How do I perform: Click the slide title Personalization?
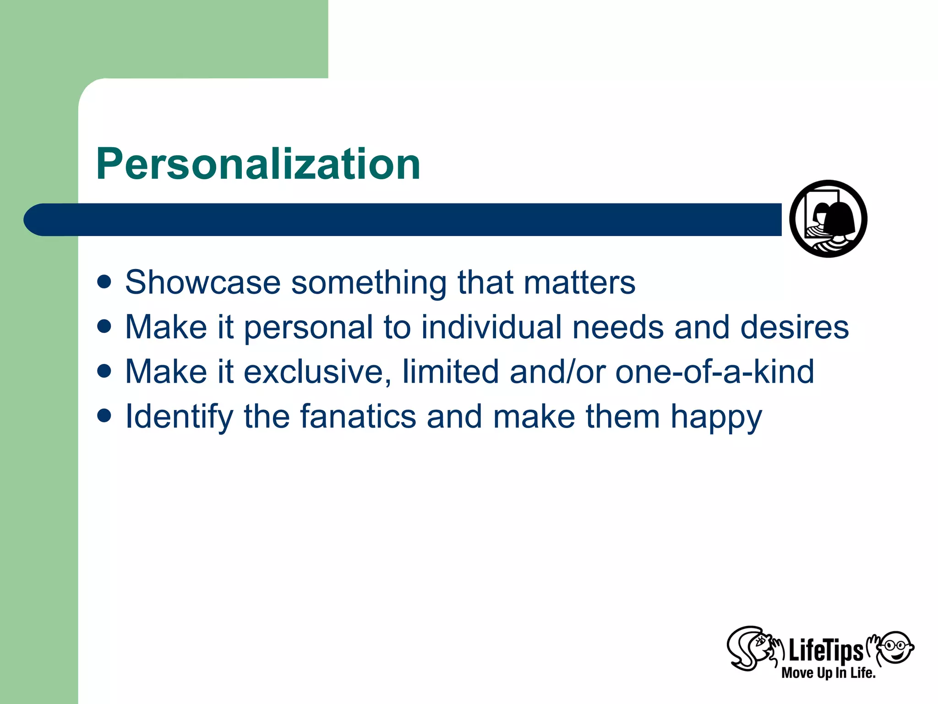point(258,164)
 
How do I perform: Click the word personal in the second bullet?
point(308,328)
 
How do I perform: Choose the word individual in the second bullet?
point(491,327)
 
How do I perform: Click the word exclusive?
point(317,372)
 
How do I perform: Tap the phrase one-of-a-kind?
point(714,372)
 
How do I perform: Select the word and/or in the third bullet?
point(557,372)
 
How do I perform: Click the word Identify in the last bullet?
point(179,417)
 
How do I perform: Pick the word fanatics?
point(358,417)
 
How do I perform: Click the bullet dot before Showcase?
point(104,282)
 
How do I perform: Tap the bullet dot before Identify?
point(104,416)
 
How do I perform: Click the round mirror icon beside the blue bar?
point(828,219)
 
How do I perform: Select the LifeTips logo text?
point(825,651)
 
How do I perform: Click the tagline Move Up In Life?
point(828,673)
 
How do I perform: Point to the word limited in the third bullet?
point(450,372)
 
